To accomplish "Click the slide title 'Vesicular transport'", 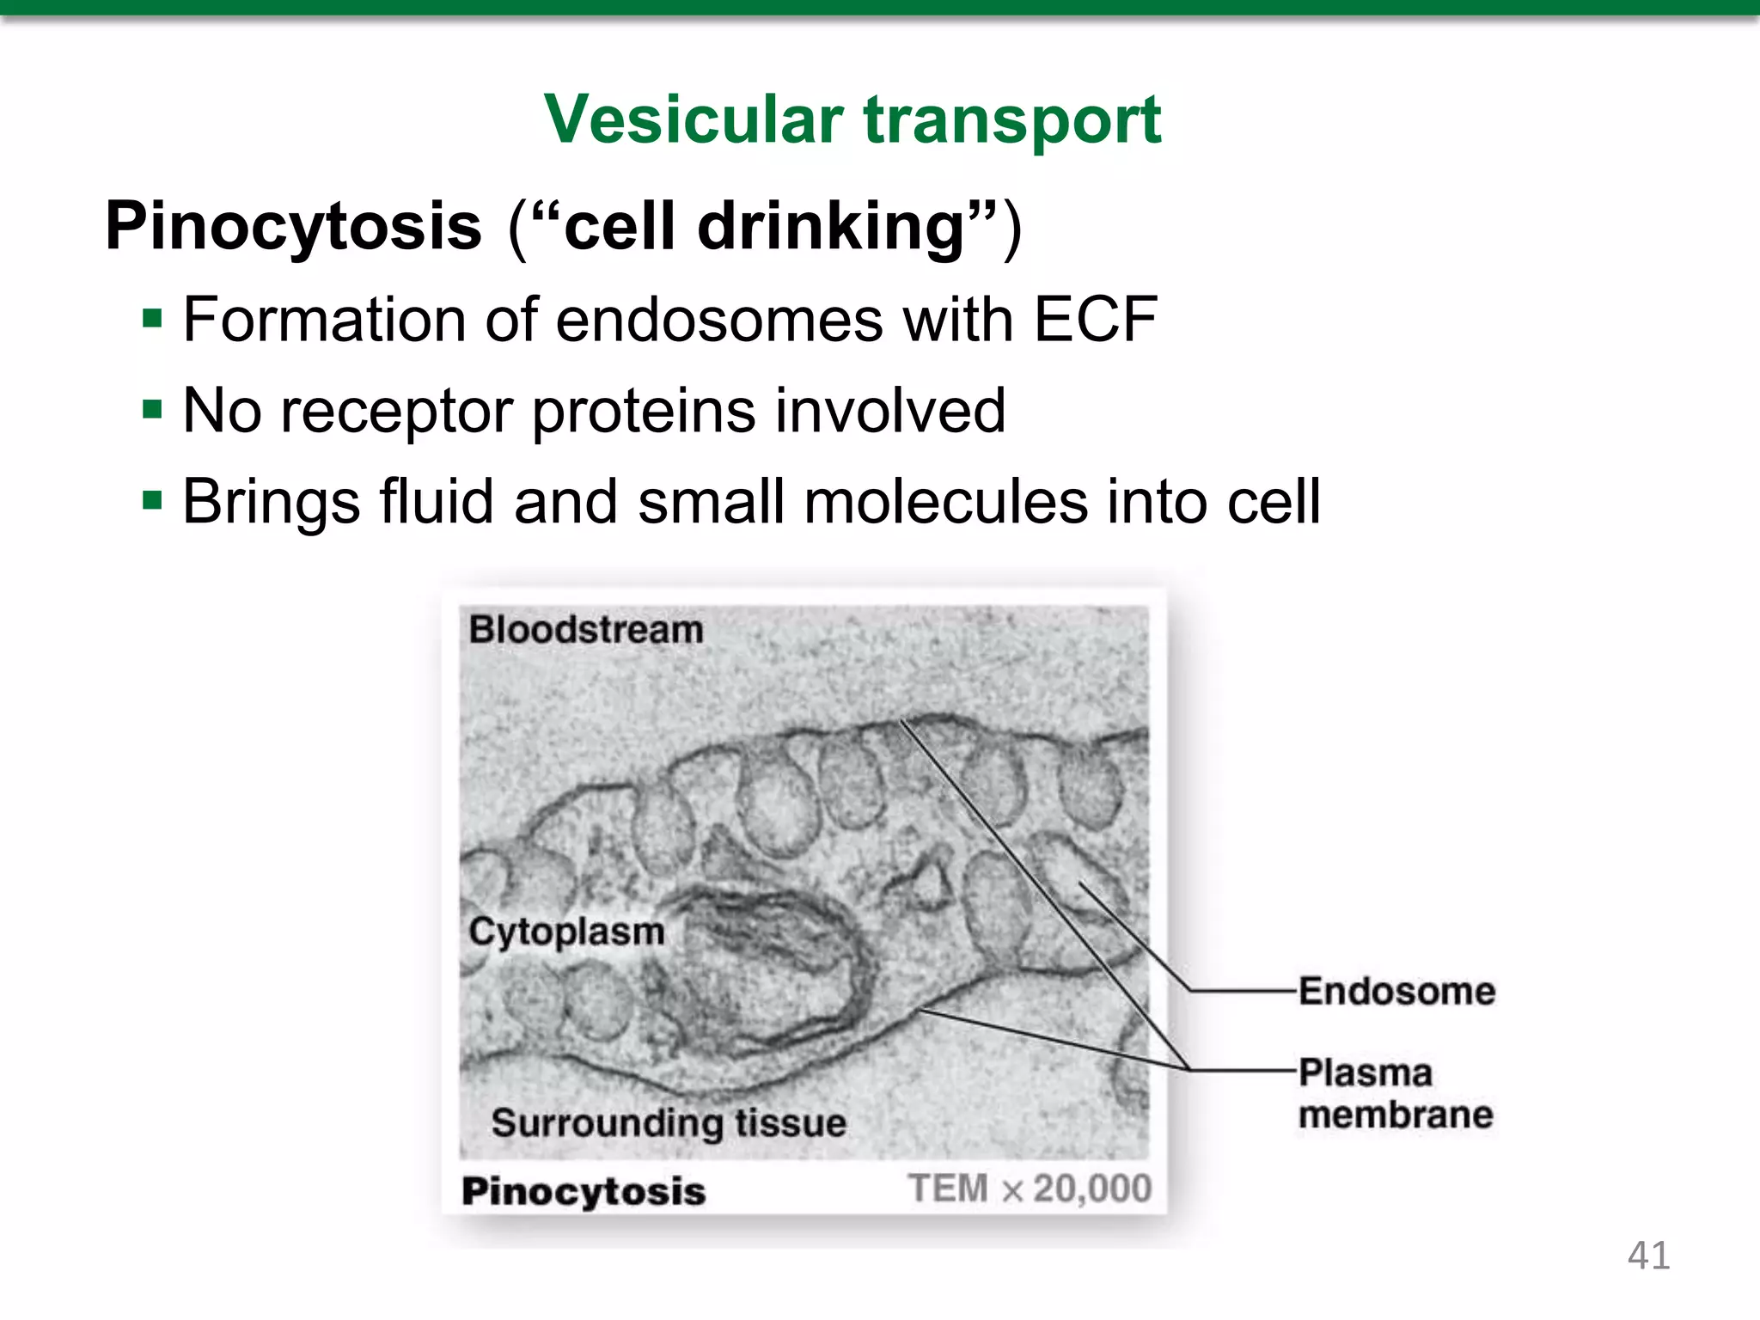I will pos(852,120).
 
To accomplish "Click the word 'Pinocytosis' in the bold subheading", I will pos(293,227).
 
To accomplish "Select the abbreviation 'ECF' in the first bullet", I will pos(1095,320).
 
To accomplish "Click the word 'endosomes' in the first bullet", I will pos(718,320).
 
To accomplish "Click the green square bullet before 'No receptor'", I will pos(153,410).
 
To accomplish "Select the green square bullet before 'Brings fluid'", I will pos(153,500).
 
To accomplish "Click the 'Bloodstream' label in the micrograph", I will pos(586,630).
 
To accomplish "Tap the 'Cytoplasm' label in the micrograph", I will pos(567,932).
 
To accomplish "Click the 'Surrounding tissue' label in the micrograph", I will pos(669,1122).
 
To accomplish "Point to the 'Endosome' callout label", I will pos(1396,991).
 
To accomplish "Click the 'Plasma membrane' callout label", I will pos(1396,1093).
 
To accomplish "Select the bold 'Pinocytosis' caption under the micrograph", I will pos(584,1191).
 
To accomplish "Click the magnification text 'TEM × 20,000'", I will pos(1030,1189).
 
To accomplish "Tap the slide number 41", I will pos(1648,1256).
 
